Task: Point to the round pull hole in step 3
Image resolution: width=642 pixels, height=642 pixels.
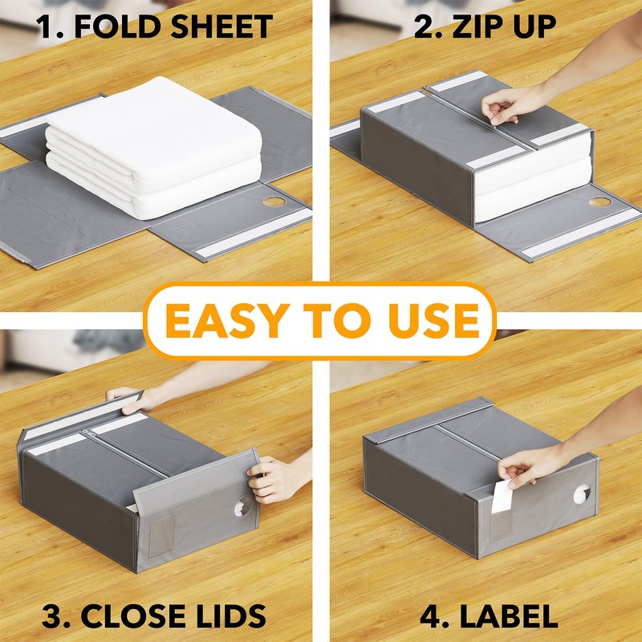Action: [238, 508]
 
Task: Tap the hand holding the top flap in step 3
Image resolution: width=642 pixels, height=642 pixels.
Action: [124, 396]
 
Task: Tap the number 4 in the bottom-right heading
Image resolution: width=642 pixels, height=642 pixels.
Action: [427, 616]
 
